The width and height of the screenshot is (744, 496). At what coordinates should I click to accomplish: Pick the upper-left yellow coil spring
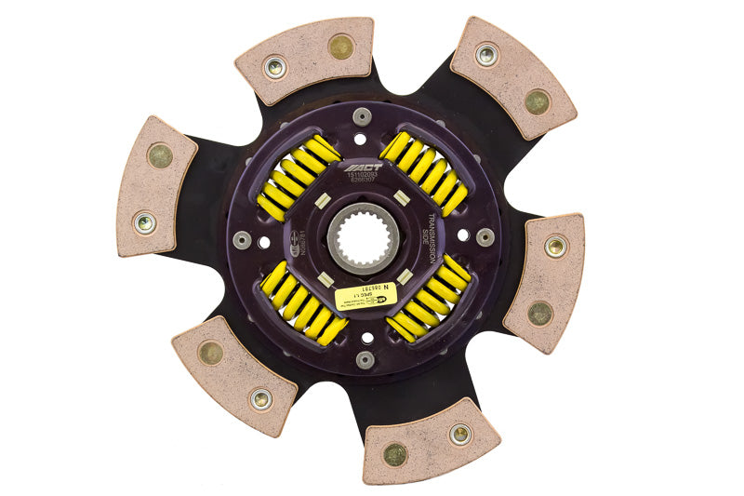(299, 178)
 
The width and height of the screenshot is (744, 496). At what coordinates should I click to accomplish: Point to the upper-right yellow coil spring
(423, 173)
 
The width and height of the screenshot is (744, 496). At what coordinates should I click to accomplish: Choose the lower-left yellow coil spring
(302, 302)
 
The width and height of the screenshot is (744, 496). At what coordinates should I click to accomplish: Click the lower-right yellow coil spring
(427, 299)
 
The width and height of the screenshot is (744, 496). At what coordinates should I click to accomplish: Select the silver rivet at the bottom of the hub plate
(365, 358)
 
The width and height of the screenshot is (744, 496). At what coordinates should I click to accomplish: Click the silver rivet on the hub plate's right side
(485, 236)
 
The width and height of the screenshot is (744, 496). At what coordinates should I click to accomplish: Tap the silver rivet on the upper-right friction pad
(486, 55)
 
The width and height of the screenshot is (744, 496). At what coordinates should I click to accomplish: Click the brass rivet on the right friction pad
(539, 313)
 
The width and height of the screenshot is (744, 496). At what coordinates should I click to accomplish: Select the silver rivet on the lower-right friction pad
(459, 433)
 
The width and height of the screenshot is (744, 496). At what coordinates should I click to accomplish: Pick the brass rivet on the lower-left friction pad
(211, 353)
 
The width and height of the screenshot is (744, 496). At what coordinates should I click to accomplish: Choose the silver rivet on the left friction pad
(145, 221)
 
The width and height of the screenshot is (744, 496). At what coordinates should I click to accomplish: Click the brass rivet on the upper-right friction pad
(537, 102)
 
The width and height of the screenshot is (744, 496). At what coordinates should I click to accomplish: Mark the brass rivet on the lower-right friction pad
(395, 454)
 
